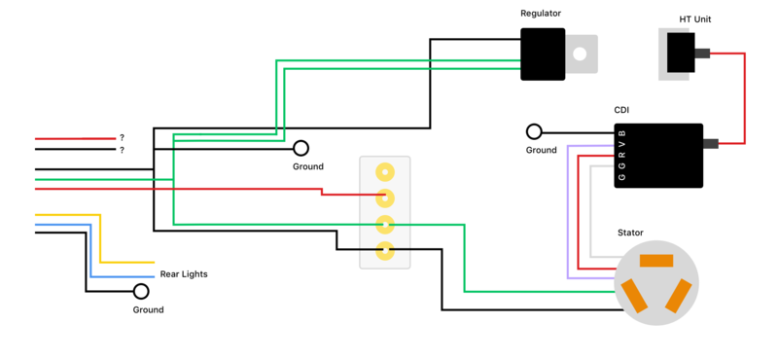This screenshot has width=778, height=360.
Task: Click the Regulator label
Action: click(541, 14)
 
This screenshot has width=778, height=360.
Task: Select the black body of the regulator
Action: click(543, 54)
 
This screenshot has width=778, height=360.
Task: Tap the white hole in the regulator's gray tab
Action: click(581, 54)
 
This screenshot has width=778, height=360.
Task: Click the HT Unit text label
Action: click(699, 19)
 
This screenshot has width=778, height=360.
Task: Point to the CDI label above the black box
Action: click(621, 110)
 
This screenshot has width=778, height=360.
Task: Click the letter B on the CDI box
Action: click(622, 132)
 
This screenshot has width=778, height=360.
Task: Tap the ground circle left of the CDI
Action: click(534, 131)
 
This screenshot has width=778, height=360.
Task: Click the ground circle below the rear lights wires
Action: click(141, 291)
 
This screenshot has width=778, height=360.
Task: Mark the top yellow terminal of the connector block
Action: click(385, 172)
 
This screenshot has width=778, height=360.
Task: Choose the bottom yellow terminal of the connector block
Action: click(385, 251)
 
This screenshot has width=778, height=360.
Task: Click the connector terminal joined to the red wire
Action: click(385, 198)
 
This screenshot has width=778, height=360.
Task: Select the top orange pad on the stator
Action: click(656, 260)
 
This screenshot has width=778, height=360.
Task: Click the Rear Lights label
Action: click(184, 274)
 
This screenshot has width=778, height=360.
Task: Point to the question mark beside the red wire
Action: click(122, 138)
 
